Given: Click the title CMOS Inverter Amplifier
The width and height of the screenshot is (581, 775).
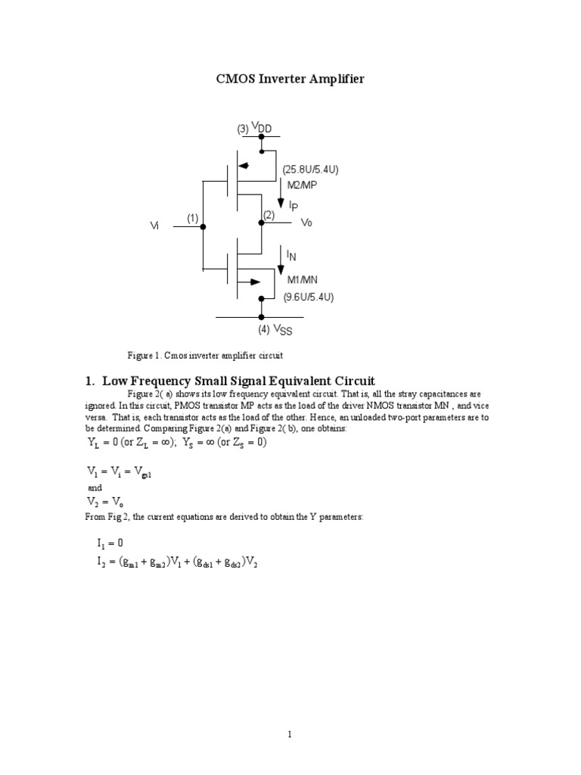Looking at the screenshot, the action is click(290, 79).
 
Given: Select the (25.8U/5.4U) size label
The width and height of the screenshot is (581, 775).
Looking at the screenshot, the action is click(310, 170).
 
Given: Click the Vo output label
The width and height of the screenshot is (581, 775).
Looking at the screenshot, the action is click(306, 223).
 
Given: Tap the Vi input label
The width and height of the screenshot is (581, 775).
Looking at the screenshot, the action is click(155, 226).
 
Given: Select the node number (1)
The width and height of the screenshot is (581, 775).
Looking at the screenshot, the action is click(193, 218).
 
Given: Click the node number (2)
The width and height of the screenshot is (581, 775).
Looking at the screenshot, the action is click(269, 216).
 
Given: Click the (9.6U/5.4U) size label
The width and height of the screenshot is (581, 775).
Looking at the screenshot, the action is click(309, 297).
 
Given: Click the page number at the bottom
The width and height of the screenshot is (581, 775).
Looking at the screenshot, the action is click(290, 733).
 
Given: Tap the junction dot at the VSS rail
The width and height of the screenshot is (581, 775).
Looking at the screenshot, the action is click(261, 317).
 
